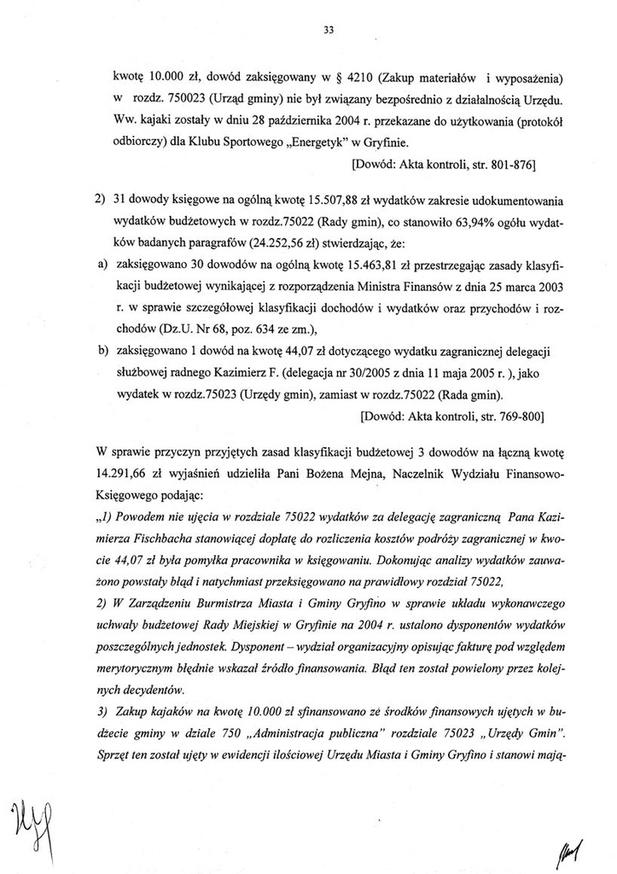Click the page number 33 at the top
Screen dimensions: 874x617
pos(329,32)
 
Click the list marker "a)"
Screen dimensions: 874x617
pos(99,265)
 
